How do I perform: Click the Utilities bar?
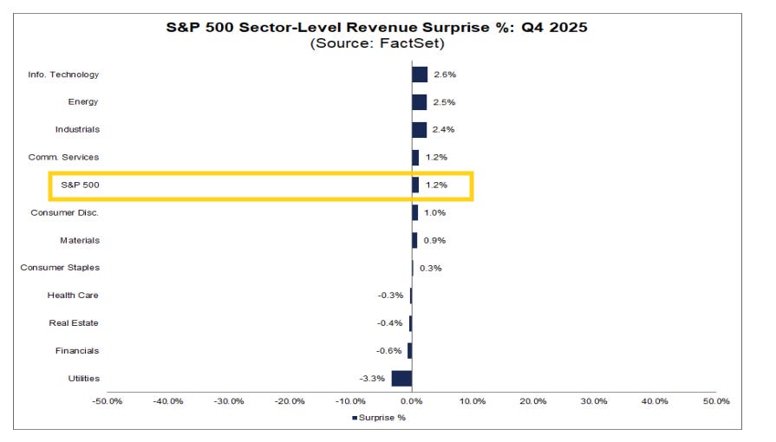tap(401, 378)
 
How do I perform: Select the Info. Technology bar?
tap(420, 75)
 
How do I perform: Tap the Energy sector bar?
tap(420, 102)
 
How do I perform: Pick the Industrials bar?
tap(419, 130)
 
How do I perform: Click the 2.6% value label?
tap(445, 75)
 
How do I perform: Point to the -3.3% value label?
tap(373, 378)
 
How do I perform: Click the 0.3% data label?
tap(431, 268)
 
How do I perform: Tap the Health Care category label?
tap(73, 296)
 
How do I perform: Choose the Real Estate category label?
tap(74, 323)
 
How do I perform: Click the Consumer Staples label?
tap(60, 268)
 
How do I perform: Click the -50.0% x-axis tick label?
tap(108, 401)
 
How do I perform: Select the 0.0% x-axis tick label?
tap(411, 401)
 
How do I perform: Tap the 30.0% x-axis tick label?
tap(594, 401)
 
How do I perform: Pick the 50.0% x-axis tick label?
tap(716, 401)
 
